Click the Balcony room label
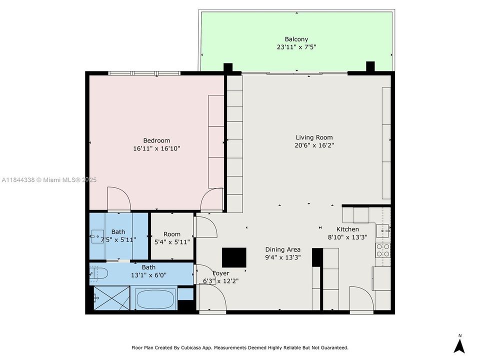click(296, 39)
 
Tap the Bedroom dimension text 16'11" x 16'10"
click(156, 148)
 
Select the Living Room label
click(314, 137)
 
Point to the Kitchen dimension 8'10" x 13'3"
click(347, 237)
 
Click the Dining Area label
click(282, 249)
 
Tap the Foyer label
click(221, 273)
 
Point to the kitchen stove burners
click(383, 250)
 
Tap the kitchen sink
click(382, 230)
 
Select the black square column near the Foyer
click(234, 258)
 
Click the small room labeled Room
click(172, 234)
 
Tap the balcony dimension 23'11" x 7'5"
click(296, 47)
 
